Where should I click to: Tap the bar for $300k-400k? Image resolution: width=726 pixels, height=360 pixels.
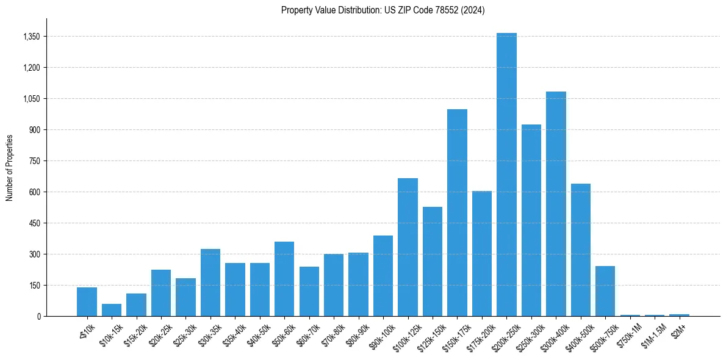[556, 204]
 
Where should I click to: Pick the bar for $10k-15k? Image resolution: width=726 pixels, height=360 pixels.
[112, 310]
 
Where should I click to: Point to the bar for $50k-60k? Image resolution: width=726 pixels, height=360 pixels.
[284, 279]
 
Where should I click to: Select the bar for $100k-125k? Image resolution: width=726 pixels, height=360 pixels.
[408, 247]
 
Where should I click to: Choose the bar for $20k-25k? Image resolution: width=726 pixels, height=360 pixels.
[161, 293]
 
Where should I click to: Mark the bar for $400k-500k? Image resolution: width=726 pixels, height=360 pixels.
[580, 250]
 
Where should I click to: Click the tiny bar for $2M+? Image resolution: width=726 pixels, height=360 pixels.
[679, 315]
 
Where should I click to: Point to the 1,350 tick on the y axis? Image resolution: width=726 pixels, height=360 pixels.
[31, 37]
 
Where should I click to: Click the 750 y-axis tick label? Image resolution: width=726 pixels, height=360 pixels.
[34, 161]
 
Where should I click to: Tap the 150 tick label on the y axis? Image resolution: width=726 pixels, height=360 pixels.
[34, 286]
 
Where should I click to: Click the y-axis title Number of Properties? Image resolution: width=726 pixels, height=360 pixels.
[10, 167]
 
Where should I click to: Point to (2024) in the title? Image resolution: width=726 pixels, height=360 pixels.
[473, 10]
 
